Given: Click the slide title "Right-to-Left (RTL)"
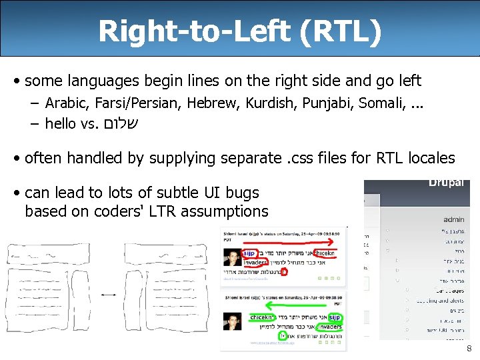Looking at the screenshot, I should click(240, 31).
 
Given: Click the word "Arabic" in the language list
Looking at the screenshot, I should click(68, 103).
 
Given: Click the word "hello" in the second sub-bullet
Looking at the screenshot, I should click(60, 123).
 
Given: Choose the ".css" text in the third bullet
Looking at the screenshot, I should click(307, 158).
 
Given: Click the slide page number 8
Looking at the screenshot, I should click(469, 349).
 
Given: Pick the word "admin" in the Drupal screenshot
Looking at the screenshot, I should click(453, 219).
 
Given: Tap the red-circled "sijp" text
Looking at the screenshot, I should click(248, 253).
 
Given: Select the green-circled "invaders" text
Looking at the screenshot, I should click(329, 327).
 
